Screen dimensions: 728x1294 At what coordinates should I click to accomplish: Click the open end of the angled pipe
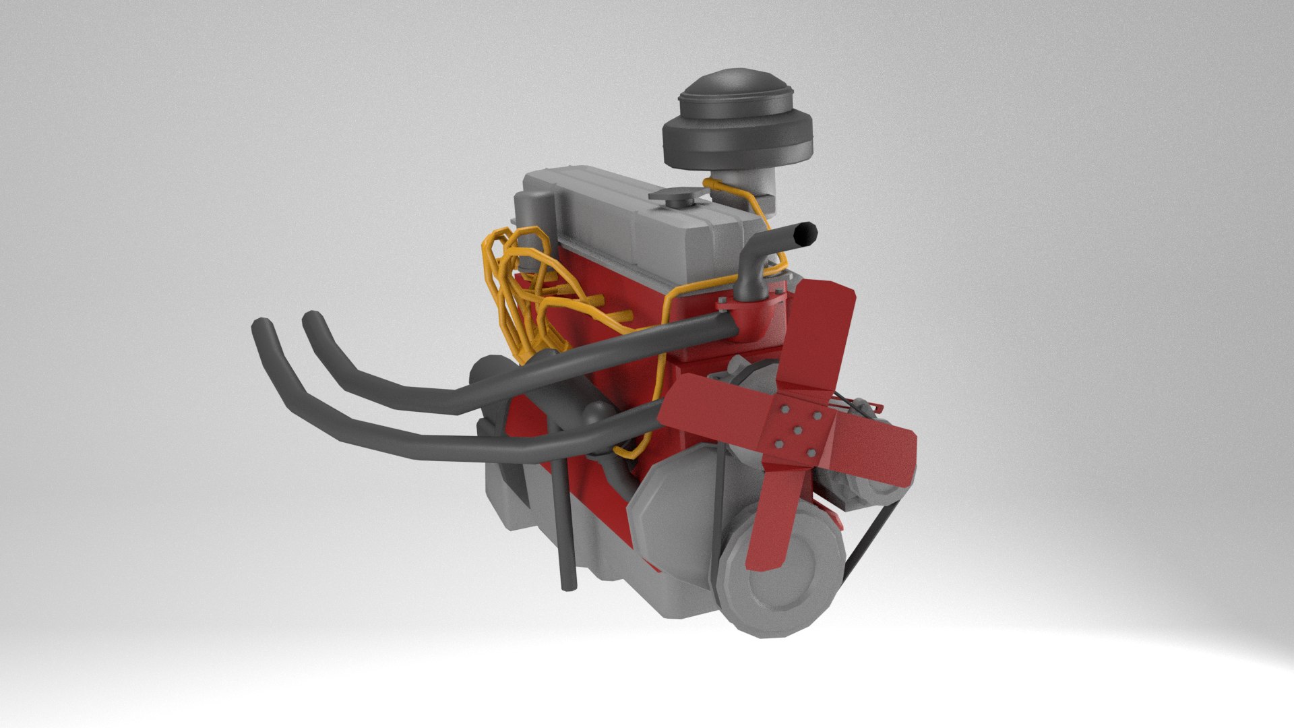point(805,235)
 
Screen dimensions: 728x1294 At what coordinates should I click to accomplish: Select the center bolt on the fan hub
point(797,429)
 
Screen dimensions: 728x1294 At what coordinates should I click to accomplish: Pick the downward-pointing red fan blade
point(770,519)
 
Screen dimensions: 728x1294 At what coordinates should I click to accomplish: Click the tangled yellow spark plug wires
point(516,283)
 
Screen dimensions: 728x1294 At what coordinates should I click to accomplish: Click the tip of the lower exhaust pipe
point(259,329)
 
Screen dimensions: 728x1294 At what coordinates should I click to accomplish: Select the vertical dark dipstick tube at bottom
point(564,533)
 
